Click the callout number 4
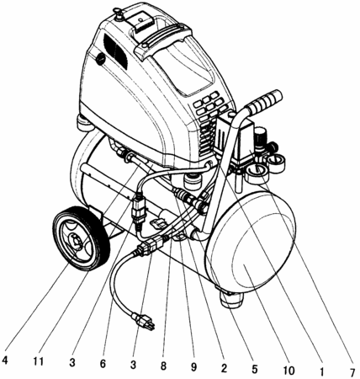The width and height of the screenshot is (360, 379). (5, 361)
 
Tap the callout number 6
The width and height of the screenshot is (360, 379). (103, 364)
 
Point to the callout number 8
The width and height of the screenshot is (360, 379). (163, 366)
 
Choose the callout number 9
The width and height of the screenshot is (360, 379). (193, 366)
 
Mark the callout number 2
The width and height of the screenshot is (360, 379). (224, 368)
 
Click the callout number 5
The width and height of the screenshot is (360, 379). (254, 369)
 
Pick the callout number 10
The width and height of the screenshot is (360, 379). (288, 371)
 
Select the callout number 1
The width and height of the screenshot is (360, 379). (321, 371)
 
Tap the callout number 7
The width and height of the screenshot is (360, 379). (352, 372)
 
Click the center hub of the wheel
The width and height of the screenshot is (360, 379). (76, 242)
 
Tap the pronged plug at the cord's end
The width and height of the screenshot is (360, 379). (144, 321)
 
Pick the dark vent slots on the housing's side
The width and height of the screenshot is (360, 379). (115, 52)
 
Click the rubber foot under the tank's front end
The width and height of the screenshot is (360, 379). (231, 300)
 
